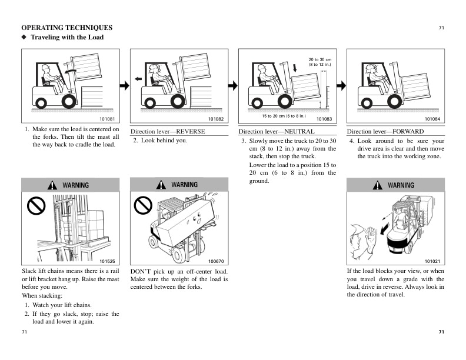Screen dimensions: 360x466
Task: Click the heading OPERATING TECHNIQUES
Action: pos(67,28)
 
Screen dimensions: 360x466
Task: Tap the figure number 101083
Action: pos(324,119)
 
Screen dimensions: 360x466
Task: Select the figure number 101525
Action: pos(107,261)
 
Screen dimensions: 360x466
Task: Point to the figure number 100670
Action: pos(216,261)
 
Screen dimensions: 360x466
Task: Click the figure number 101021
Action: pos(432,261)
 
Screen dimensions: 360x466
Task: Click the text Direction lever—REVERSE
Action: pos(167,132)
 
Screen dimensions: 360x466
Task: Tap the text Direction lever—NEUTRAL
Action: pos(277,132)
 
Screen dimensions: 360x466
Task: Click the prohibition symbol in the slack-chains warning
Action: pos(36,205)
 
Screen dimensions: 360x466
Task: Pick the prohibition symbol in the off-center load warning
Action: pos(143,205)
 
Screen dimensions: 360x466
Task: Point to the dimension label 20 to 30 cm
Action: pos(320,59)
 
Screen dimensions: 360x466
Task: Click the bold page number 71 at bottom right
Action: pos(441,332)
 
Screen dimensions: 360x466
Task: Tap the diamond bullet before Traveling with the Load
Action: pos(24,37)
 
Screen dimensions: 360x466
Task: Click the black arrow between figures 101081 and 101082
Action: pos(124,86)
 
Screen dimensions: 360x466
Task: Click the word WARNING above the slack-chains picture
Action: pos(76,185)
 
